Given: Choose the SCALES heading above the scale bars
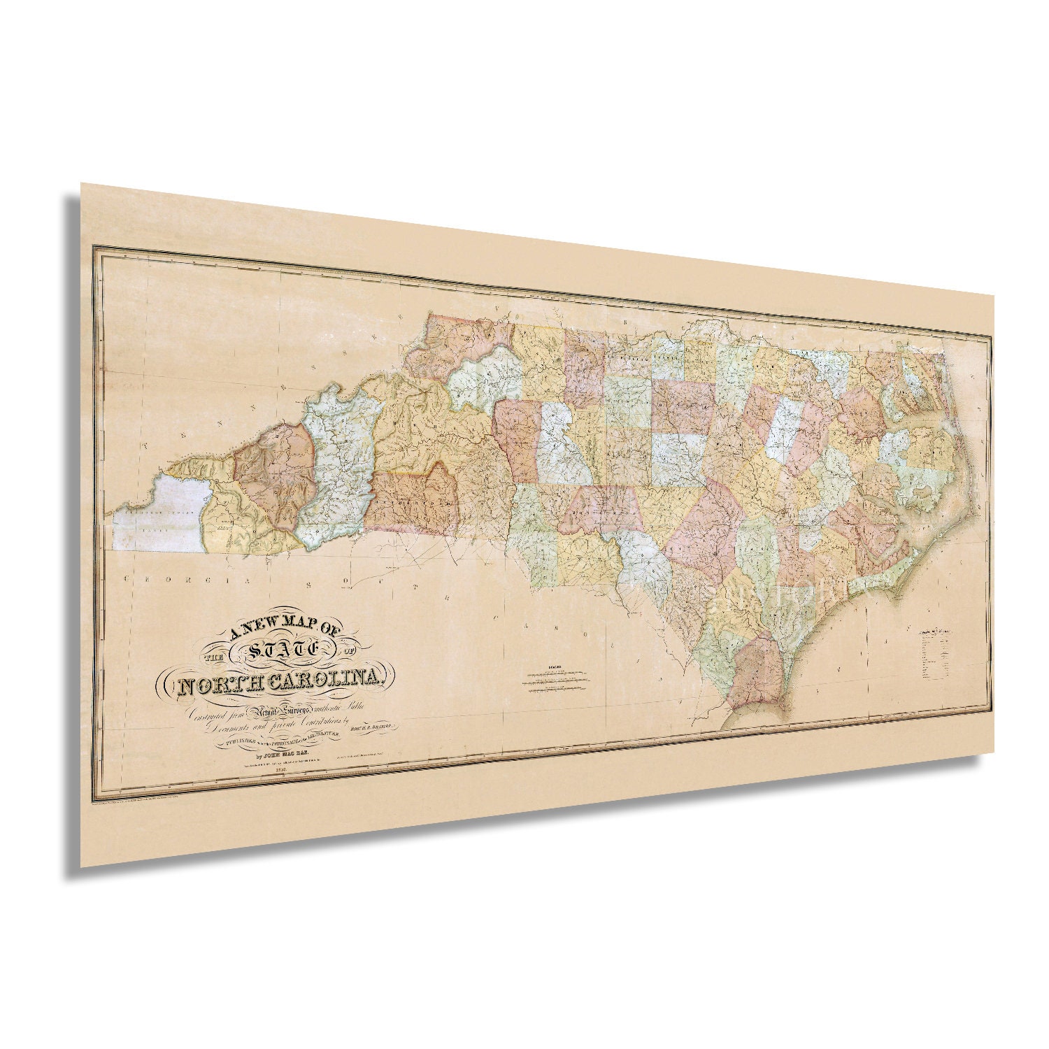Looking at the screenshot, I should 557,666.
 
